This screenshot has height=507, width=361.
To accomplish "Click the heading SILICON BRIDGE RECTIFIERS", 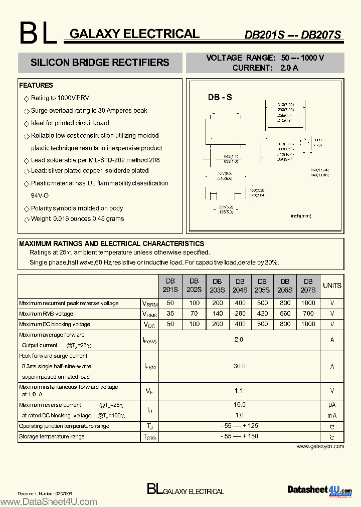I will pos(100,63).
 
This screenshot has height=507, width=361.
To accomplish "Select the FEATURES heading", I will pos(36,85).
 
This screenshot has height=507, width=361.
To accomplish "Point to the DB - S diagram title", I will pos(220,98).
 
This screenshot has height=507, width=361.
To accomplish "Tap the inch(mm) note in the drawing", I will pos(301,216).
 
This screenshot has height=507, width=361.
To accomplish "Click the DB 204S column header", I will pos(240,286).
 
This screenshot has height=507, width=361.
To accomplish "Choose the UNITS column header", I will pos(332,286).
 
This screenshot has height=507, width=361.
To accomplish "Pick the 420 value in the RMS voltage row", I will pos(262,314).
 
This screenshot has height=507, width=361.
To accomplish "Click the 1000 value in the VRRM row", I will pos(308,303).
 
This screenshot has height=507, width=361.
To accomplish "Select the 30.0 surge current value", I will pos(239,366).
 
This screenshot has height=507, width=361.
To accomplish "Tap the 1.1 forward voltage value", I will pos(239,391).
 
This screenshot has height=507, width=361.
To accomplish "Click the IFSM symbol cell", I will pos(149,367).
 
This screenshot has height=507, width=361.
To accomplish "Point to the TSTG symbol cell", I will pos(149,437).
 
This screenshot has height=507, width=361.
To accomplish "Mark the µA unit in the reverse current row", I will pos(332,405).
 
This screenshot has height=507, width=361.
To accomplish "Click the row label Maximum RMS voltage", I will pos(46,314).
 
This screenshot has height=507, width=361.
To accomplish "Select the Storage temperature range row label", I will pos(52,436).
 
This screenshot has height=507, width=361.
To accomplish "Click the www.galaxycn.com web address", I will pos(320,446).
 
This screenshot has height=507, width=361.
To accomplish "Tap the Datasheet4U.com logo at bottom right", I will pos(319,489).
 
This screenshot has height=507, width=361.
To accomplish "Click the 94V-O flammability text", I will pos(40,195).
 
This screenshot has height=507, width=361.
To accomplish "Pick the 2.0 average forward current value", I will pos(239,340).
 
